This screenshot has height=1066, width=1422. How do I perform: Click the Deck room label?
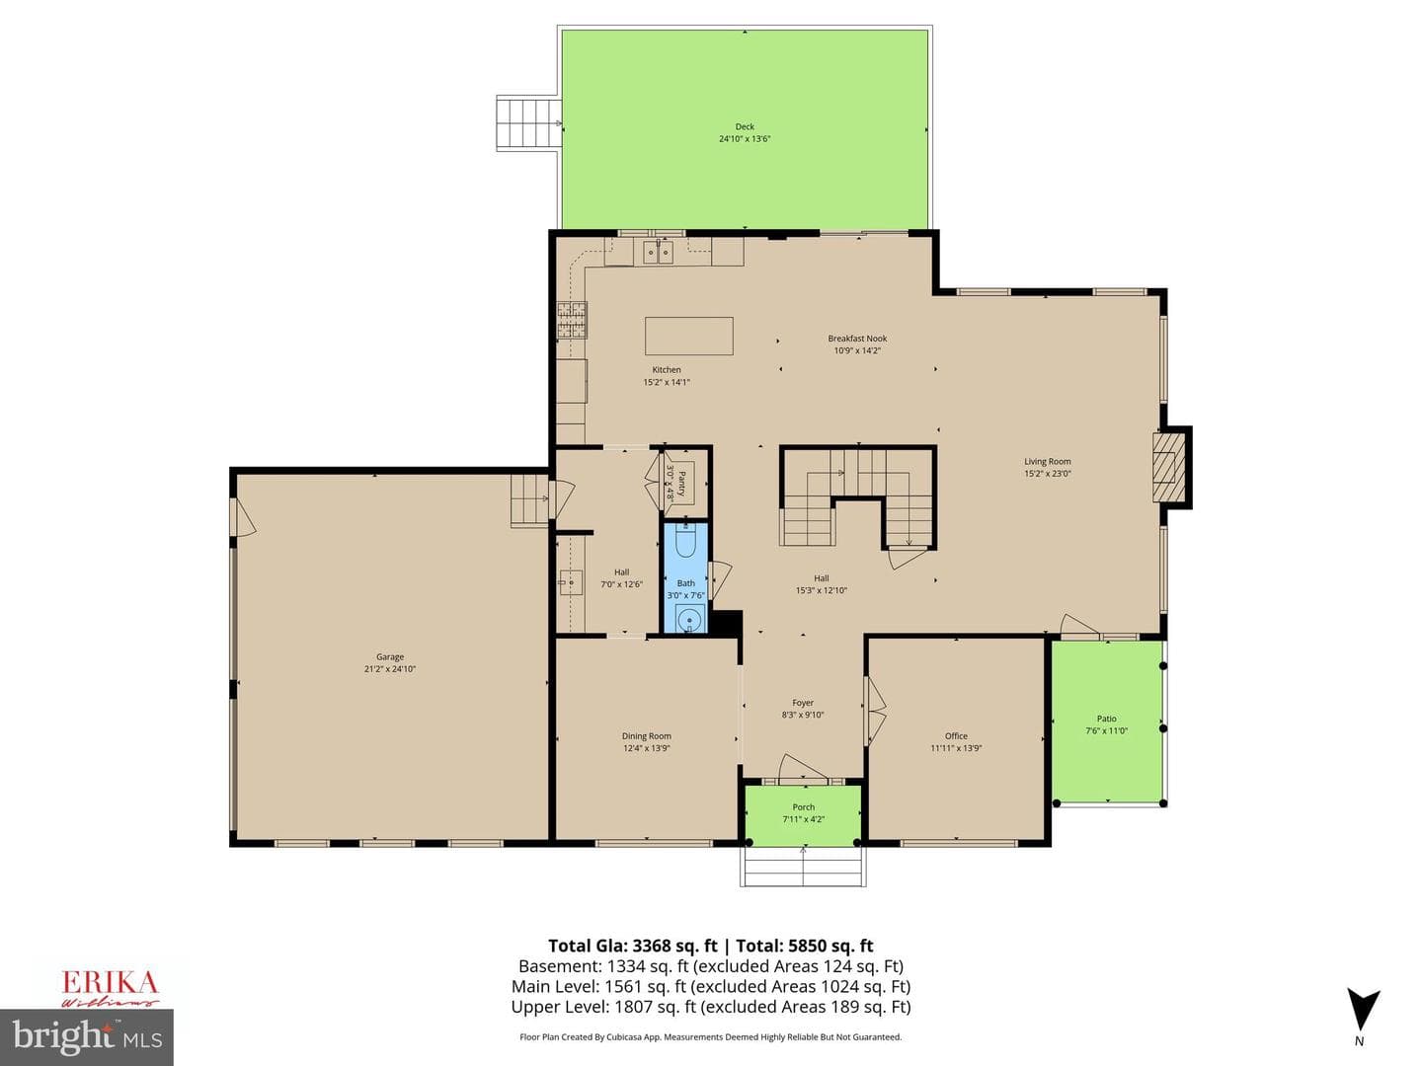pos(745,127)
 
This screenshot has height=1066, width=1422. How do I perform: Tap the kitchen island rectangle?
pos(688,336)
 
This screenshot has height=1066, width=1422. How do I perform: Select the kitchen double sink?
pos(658,252)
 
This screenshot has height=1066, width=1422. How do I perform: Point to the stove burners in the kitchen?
pos(572,320)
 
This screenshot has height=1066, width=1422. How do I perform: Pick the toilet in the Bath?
pos(685,542)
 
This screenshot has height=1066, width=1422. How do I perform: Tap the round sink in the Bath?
pos(687,620)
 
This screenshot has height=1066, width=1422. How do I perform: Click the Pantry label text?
pos(681,483)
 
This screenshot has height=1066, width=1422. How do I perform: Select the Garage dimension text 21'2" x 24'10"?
pos(389,669)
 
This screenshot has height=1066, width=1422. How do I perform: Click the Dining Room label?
pos(646,736)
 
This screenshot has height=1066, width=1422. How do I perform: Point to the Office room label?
pos(956,736)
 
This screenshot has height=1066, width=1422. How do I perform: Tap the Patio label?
pos(1107,719)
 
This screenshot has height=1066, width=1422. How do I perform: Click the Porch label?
pos(803,807)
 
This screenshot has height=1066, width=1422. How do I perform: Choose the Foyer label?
pos(803,702)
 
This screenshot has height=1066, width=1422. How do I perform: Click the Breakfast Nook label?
pos(857,339)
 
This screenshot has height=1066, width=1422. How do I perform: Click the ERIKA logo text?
pos(111,983)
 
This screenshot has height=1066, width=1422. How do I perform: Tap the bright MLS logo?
pos(87,1036)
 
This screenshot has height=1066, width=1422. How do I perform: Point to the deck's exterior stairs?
pos(528,123)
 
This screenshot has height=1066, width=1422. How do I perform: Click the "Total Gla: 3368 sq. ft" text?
pos(633,946)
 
